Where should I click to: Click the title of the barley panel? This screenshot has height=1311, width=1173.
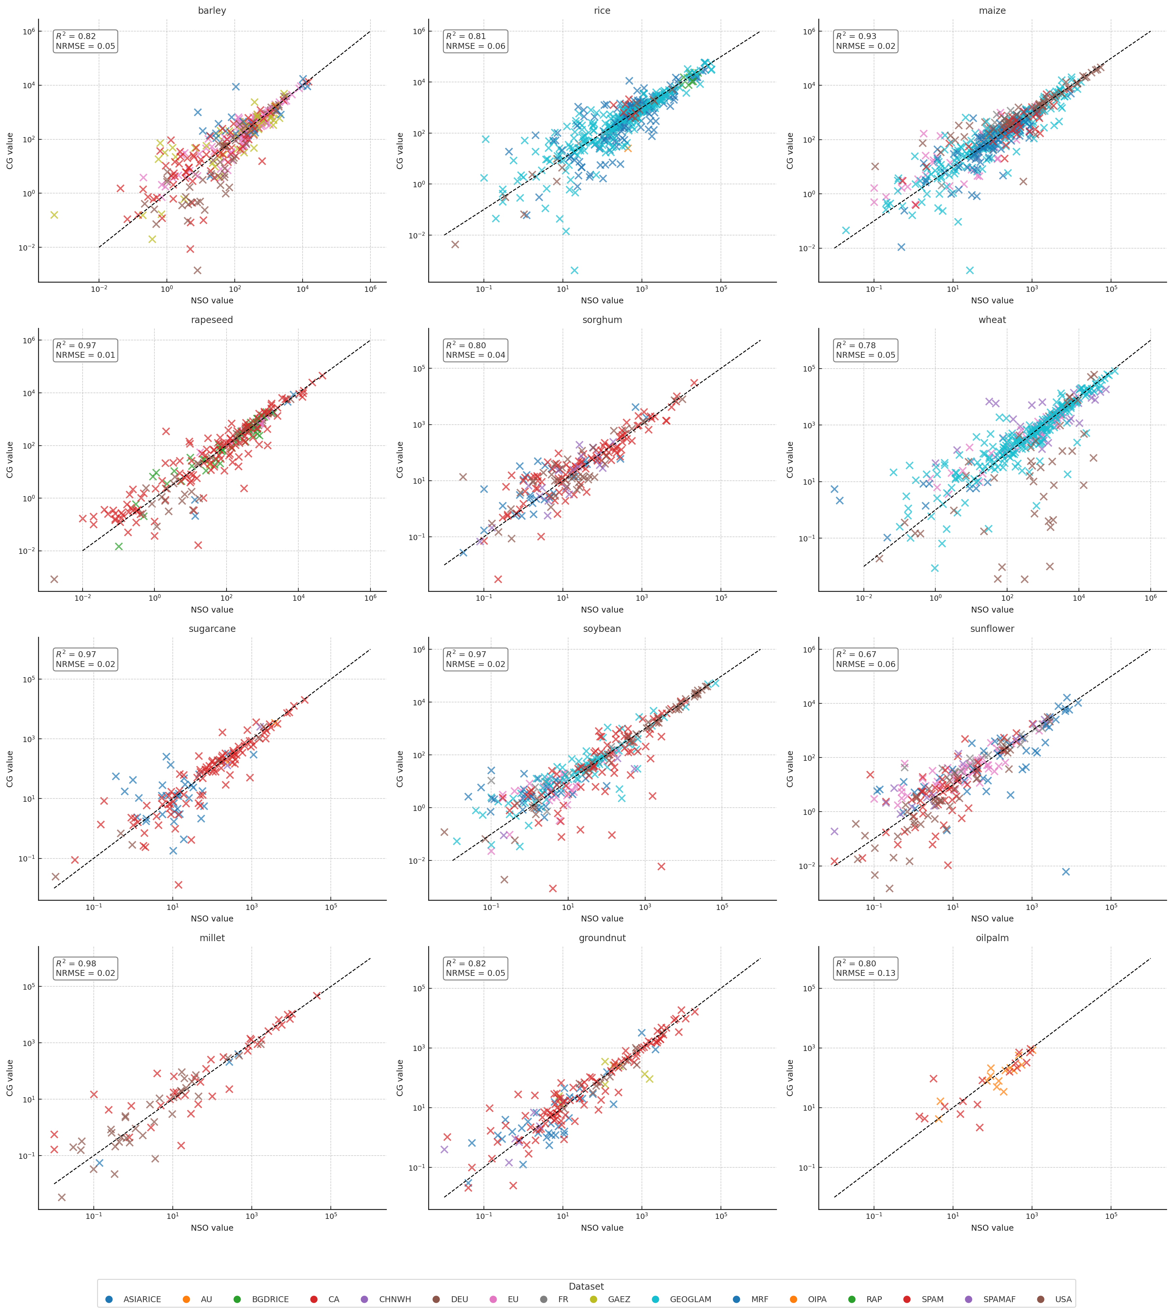pyautogui.click(x=212, y=11)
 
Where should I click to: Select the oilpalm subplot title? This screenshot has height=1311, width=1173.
pyautogui.click(x=992, y=938)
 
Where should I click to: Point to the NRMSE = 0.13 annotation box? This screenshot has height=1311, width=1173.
pyautogui.click(x=865, y=968)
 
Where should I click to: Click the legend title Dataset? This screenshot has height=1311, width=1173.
pyautogui.click(x=586, y=1286)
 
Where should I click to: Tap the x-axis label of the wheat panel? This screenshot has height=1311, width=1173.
pyautogui.click(x=992, y=610)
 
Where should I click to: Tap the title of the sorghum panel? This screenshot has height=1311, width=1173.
pyautogui.click(x=602, y=320)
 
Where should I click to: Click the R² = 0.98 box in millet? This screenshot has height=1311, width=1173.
pyautogui.click(x=85, y=968)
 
